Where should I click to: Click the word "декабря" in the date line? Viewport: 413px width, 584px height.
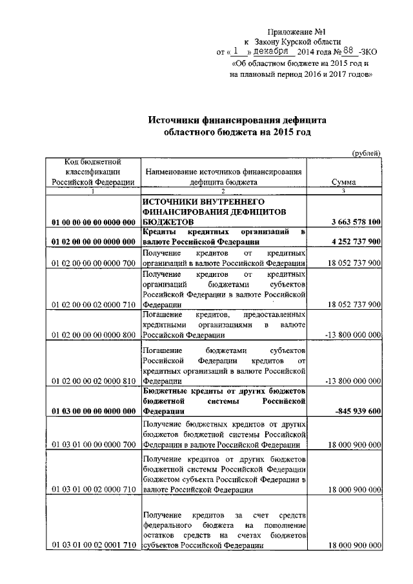273,52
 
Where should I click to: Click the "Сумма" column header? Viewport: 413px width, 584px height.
345,183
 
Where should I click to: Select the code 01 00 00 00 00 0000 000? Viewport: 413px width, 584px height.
93,222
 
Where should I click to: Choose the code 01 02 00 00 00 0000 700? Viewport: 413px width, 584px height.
93,263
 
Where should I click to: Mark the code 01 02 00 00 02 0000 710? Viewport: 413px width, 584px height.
93,304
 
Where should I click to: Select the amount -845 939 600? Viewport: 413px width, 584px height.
358,411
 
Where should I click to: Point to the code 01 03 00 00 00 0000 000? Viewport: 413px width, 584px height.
93,411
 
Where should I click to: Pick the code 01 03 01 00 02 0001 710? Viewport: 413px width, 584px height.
93,545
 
